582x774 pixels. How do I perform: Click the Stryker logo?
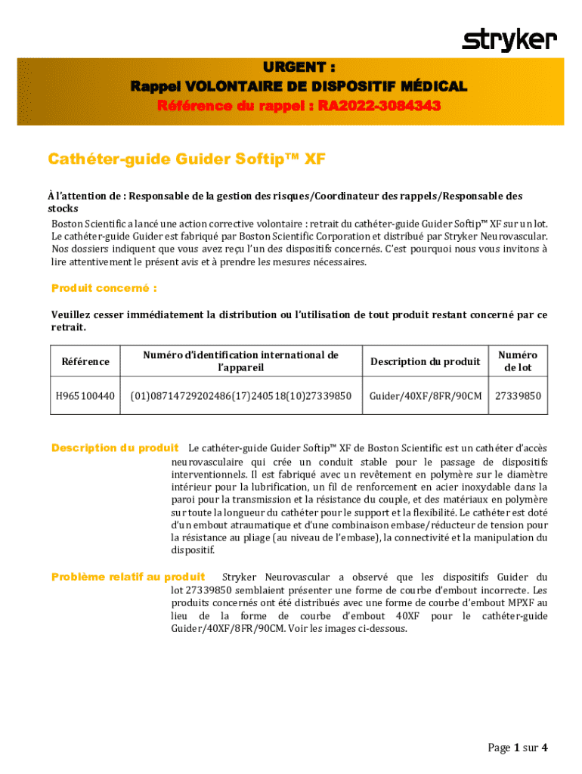click(x=509, y=39)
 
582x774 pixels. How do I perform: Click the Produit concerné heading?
click(x=104, y=288)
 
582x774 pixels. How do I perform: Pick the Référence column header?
click(x=85, y=361)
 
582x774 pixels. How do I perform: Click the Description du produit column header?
click(x=426, y=361)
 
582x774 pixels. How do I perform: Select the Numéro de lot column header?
click(x=519, y=361)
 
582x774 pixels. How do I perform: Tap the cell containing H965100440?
click(x=85, y=395)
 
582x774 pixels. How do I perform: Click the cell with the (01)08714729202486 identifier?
click(x=240, y=395)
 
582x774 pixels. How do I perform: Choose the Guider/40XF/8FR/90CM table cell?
click(x=426, y=395)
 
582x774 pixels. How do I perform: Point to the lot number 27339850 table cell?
click(x=519, y=395)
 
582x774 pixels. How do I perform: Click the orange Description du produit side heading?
click(x=115, y=448)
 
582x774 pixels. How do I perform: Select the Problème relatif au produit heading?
click(x=128, y=577)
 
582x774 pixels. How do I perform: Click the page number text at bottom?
click(x=517, y=748)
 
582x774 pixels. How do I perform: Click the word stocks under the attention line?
click(x=63, y=208)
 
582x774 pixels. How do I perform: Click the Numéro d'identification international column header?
click(x=240, y=361)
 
